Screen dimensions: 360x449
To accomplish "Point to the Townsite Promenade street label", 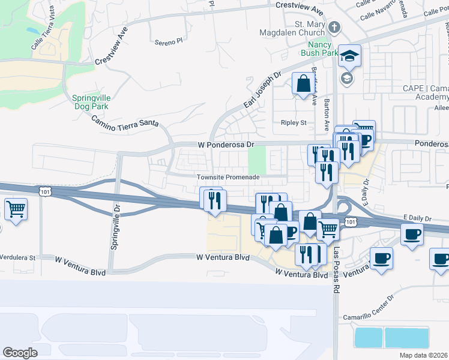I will (228, 177).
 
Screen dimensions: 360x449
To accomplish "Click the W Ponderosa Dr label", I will (227, 145).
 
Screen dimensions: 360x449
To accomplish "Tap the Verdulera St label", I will (18, 257).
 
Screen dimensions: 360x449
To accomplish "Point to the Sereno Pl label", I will (168, 42).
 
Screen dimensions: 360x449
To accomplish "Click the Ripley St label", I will (294, 122).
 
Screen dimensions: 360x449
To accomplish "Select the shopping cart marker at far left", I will (16, 209).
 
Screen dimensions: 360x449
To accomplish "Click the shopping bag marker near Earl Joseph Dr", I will (303, 83).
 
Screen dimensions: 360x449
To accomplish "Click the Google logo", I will (20, 352).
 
